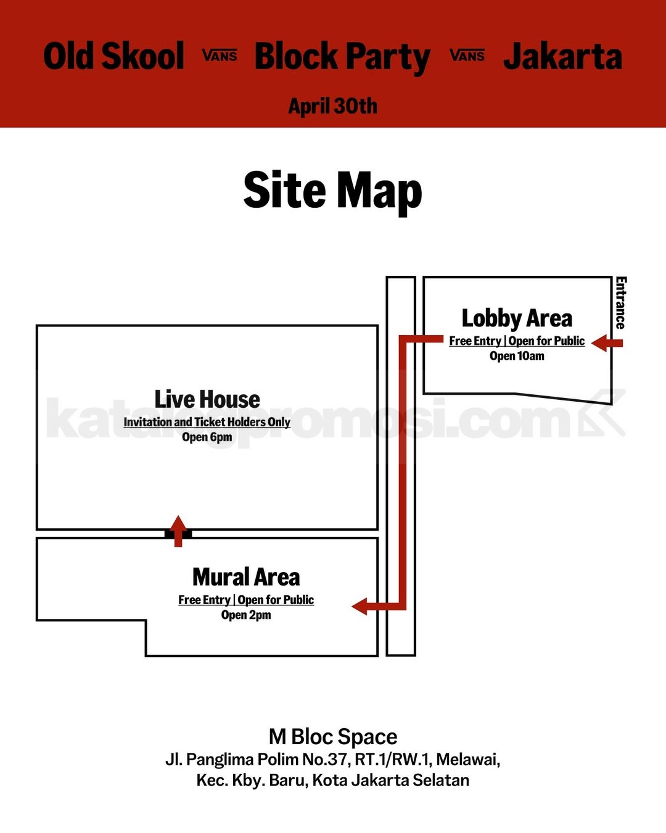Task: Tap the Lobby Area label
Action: tap(517, 318)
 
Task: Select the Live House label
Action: tap(207, 399)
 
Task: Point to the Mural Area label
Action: tap(246, 577)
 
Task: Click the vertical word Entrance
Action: tap(621, 303)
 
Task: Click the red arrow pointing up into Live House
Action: tap(178, 531)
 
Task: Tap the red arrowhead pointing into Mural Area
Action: tap(360, 606)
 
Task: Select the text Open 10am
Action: tap(517, 356)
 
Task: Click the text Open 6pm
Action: tap(207, 437)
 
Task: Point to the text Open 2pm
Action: tap(246, 615)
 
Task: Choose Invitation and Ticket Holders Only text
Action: tap(207, 422)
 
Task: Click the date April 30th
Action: tap(333, 106)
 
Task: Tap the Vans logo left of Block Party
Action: tap(220, 56)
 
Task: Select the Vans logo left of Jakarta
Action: tap(467, 56)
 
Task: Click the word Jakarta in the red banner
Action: tap(562, 56)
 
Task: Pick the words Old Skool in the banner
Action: tap(113, 56)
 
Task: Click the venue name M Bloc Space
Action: tap(333, 737)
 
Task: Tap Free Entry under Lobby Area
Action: tap(475, 341)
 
